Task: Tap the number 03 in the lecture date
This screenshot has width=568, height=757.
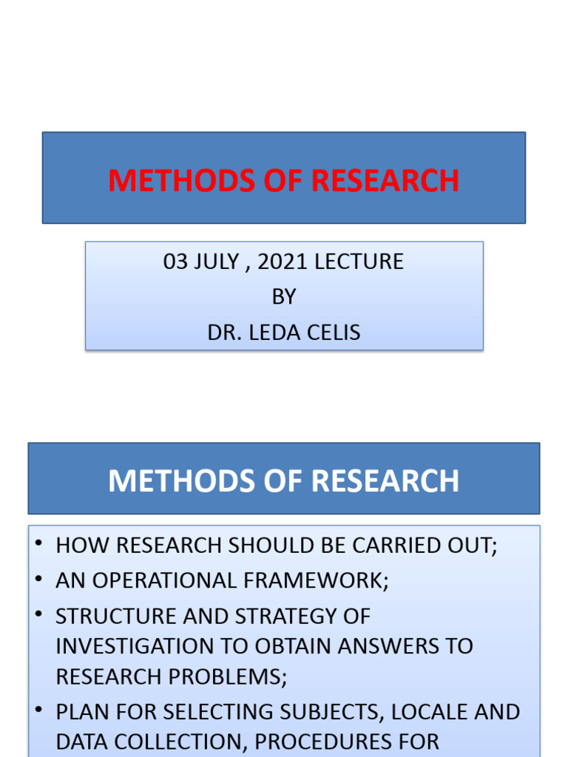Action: click(x=176, y=262)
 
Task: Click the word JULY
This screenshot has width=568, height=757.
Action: click(x=220, y=262)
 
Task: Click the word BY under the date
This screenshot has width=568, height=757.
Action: click(x=284, y=297)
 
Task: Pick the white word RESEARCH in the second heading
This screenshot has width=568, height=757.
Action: click(x=385, y=481)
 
